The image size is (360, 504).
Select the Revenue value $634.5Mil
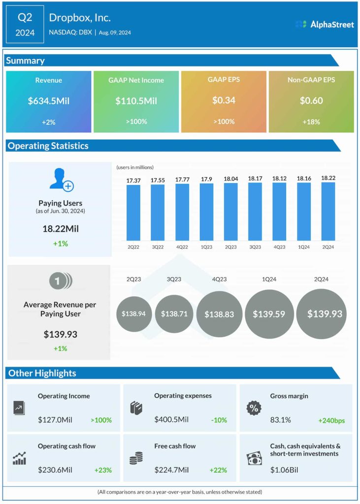point(49,100)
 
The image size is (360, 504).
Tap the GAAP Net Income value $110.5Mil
point(136,100)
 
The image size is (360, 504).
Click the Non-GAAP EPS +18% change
point(311,121)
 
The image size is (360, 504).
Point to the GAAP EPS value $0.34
point(224,100)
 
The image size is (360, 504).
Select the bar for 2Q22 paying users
point(133,212)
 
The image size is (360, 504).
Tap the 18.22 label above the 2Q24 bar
point(328,178)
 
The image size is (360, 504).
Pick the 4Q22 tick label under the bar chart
point(182,246)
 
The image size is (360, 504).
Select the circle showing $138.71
point(174,314)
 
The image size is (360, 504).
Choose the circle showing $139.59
point(269,314)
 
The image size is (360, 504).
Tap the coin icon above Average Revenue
point(60,281)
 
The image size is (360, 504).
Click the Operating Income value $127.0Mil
point(55,420)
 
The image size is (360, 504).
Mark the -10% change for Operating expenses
point(218,420)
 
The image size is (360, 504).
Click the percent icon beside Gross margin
point(253,408)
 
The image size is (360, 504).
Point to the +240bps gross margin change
point(332,420)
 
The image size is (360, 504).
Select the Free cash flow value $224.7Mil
point(171,470)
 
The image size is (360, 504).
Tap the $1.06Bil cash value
point(285,470)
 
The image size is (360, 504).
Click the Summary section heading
point(25,61)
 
